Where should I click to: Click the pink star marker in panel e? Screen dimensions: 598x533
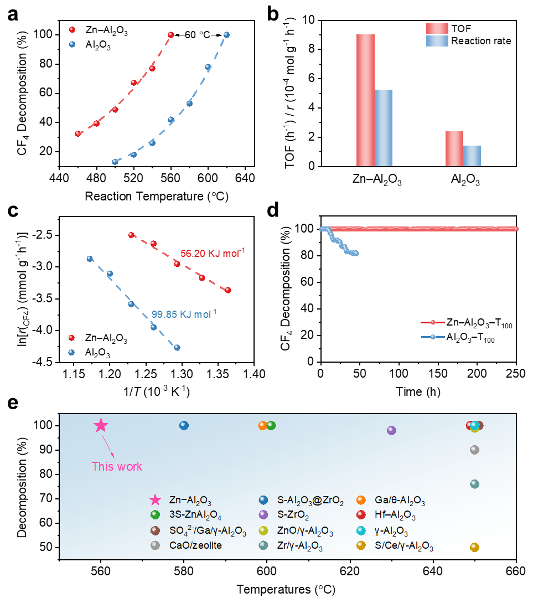click(x=101, y=425)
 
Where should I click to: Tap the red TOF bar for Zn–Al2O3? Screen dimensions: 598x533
click(x=365, y=100)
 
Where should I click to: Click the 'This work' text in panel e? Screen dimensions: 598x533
click(x=117, y=466)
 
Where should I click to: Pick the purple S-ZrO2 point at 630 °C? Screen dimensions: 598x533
click(x=391, y=430)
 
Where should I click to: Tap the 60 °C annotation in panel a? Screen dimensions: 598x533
click(x=199, y=35)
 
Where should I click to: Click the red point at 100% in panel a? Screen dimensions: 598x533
click(x=171, y=35)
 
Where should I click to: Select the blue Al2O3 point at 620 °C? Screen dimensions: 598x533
click(x=226, y=35)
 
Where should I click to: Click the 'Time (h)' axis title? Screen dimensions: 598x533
click(x=418, y=391)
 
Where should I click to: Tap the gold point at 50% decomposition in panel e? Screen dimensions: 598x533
click(x=474, y=547)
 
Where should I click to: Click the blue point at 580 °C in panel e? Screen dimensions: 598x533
click(x=184, y=425)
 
